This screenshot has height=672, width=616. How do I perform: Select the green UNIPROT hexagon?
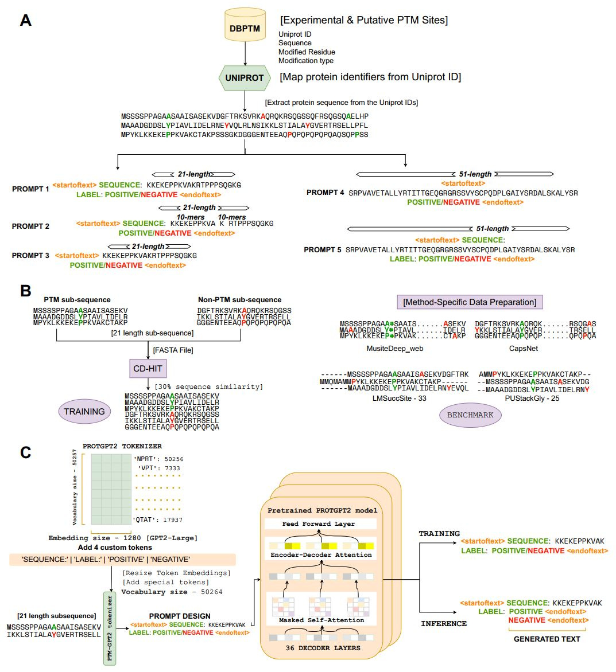pyautogui.click(x=245, y=78)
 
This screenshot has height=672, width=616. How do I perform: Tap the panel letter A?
pyautogui.click(x=25, y=21)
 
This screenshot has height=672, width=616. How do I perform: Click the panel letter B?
pyautogui.click(x=25, y=291)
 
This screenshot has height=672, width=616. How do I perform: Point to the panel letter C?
pyautogui.click(x=25, y=452)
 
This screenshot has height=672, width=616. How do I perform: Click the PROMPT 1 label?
pyautogui.click(x=30, y=189)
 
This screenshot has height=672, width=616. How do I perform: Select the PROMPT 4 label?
pyautogui.click(x=325, y=193)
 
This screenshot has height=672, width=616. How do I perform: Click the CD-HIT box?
pyautogui.click(x=148, y=369)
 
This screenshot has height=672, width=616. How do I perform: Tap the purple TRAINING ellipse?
pyautogui.click(x=84, y=411)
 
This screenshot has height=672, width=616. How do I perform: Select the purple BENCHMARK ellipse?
pyautogui.click(x=470, y=415)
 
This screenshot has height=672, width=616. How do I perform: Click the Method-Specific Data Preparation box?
pyautogui.click(x=470, y=302)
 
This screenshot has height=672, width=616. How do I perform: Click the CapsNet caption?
pyautogui.click(x=524, y=348)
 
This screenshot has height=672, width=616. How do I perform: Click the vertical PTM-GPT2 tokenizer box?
pyautogui.click(x=109, y=628)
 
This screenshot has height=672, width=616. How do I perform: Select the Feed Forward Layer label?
pyautogui.click(x=319, y=523)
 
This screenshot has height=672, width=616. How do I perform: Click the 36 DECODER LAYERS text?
pyautogui.click(x=323, y=648)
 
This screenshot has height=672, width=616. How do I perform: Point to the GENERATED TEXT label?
pyautogui.click(x=547, y=639)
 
